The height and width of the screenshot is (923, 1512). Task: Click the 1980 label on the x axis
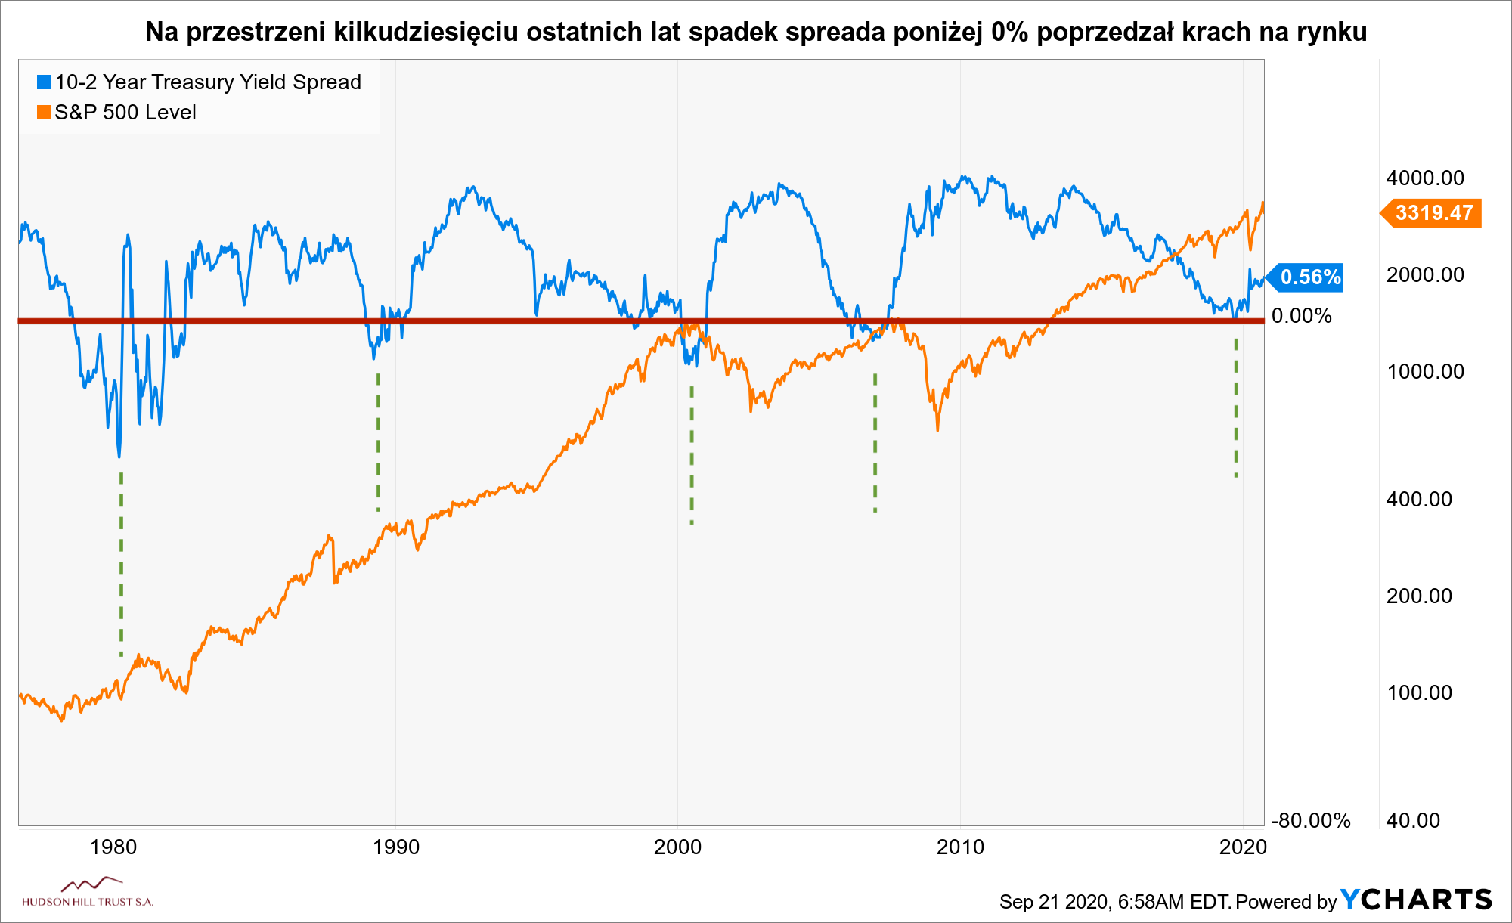pyautogui.click(x=113, y=847)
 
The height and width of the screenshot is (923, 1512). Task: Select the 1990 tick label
pyautogui.click(x=395, y=847)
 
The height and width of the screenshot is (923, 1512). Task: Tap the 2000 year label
pyautogui.click(x=677, y=847)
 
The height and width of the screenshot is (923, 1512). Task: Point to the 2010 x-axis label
pyautogui.click(x=960, y=847)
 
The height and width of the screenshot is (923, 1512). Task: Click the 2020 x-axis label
pyautogui.click(x=1243, y=847)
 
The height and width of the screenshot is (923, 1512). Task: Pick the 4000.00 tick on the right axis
pyautogui.click(x=1425, y=178)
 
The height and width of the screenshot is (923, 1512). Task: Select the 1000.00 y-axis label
pyautogui.click(x=1425, y=372)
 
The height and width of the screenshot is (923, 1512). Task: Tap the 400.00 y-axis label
pyautogui.click(x=1419, y=500)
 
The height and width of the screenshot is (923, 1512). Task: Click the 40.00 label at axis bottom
pyautogui.click(x=1413, y=820)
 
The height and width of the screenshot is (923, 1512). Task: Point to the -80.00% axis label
pyautogui.click(x=1311, y=820)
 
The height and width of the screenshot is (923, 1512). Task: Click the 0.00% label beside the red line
pyautogui.click(x=1301, y=316)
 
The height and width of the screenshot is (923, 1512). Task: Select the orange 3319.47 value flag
pyautogui.click(x=1433, y=213)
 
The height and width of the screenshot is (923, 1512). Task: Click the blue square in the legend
pyautogui.click(x=45, y=82)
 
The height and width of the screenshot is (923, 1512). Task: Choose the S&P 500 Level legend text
pyautogui.click(x=125, y=113)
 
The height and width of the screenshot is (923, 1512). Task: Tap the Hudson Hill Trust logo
pyautogui.click(x=88, y=893)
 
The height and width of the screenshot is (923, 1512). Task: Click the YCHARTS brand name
pyautogui.click(x=1416, y=900)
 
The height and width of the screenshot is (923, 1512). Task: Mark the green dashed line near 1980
pyautogui.click(x=121, y=563)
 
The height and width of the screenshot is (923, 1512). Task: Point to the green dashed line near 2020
pyautogui.click(x=1236, y=408)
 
